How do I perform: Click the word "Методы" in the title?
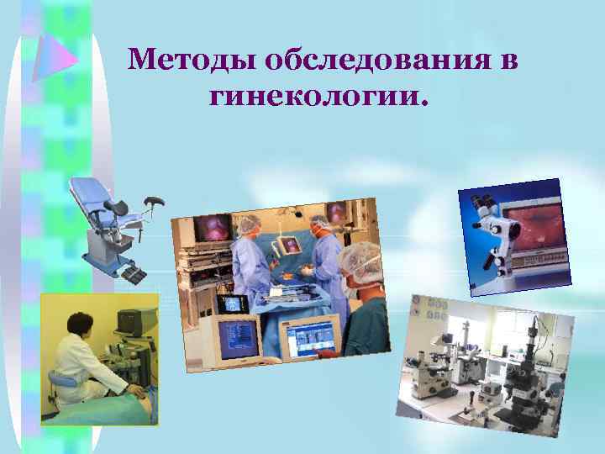192,61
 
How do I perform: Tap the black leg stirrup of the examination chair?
155,202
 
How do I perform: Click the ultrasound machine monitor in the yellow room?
130,322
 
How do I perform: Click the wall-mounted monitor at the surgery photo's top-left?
211,228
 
